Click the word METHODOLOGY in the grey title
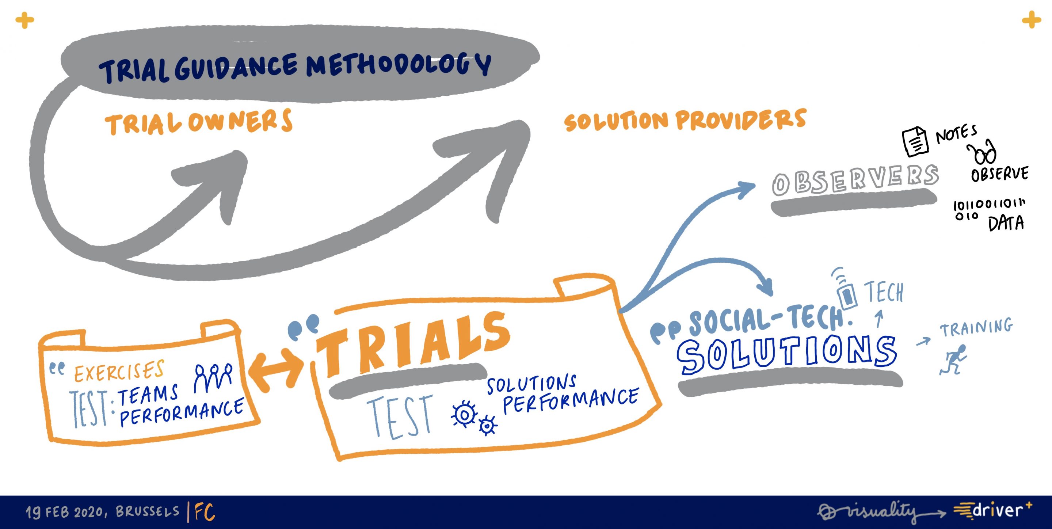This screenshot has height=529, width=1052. (x=398, y=65)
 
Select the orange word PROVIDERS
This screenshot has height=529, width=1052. (x=741, y=119)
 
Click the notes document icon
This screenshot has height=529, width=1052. (x=915, y=141)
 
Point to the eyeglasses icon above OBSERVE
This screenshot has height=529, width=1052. (x=983, y=152)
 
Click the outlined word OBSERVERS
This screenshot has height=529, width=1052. (x=855, y=180)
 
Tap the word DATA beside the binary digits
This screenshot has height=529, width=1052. (x=1006, y=223)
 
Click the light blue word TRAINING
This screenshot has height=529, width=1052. (x=976, y=327)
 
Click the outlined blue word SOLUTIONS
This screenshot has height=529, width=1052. (x=786, y=353)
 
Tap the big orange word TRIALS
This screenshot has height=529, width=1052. (x=412, y=343)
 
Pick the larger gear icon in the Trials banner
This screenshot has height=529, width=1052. (x=464, y=414)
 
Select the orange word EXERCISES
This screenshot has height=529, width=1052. (x=119, y=371)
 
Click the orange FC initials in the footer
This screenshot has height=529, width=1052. (x=205, y=512)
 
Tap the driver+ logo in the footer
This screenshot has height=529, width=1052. (x=992, y=511)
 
